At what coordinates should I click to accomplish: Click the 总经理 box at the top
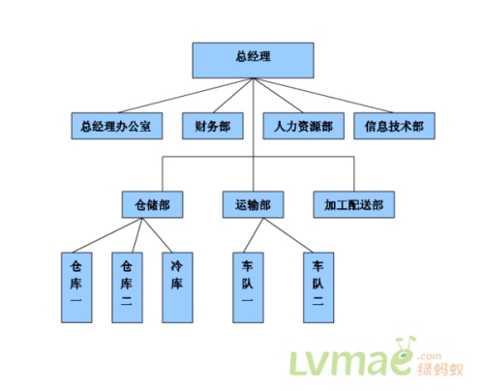[x=253, y=60]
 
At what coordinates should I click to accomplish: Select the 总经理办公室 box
[x=116, y=127]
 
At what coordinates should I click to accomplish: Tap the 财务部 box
[x=210, y=127]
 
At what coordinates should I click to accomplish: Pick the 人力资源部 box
[x=303, y=127]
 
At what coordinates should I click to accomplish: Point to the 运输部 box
[x=253, y=205]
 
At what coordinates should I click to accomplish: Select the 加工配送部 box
[x=354, y=205]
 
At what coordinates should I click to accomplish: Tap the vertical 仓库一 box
[x=77, y=286]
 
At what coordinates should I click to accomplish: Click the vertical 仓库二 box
[x=127, y=286]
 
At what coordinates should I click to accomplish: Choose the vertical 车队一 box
[x=248, y=286]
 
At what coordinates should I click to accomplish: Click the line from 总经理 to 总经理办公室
[x=184, y=96]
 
